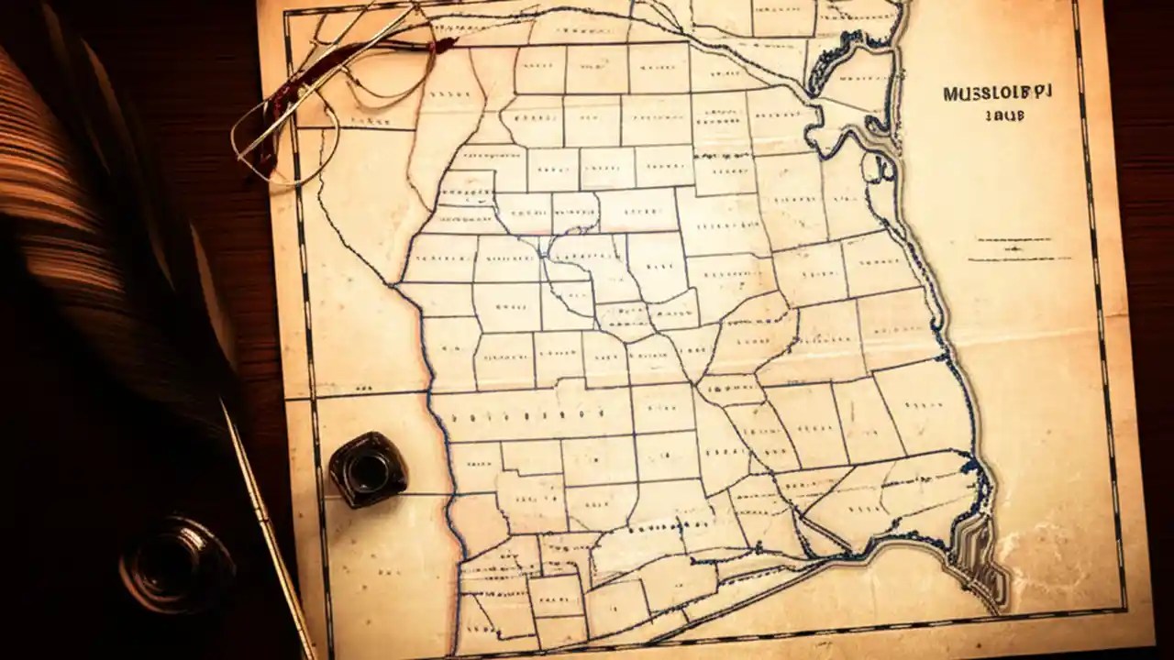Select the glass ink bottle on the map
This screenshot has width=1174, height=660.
click(368, 468)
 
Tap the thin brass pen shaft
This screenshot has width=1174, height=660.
click(266, 532)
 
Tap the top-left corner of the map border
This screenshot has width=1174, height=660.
click(286, 15)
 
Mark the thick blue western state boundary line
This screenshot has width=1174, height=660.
click(431, 367)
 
